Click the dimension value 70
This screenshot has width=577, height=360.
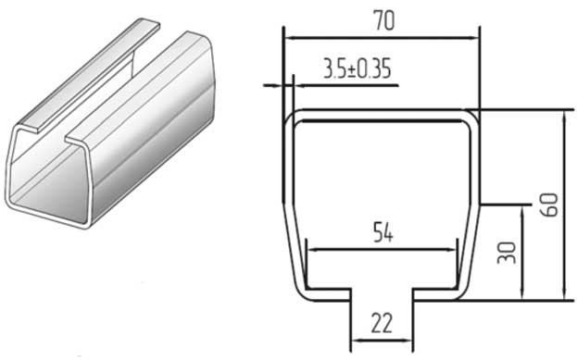pyautogui.click(x=383, y=20)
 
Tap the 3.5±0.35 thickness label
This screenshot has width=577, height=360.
pyautogui.click(x=357, y=68)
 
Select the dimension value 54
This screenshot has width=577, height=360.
pyautogui.click(x=383, y=232)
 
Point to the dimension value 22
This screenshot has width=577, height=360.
pyautogui.click(x=382, y=323)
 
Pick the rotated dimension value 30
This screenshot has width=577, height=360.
pyautogui.click(x=507, y=253)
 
